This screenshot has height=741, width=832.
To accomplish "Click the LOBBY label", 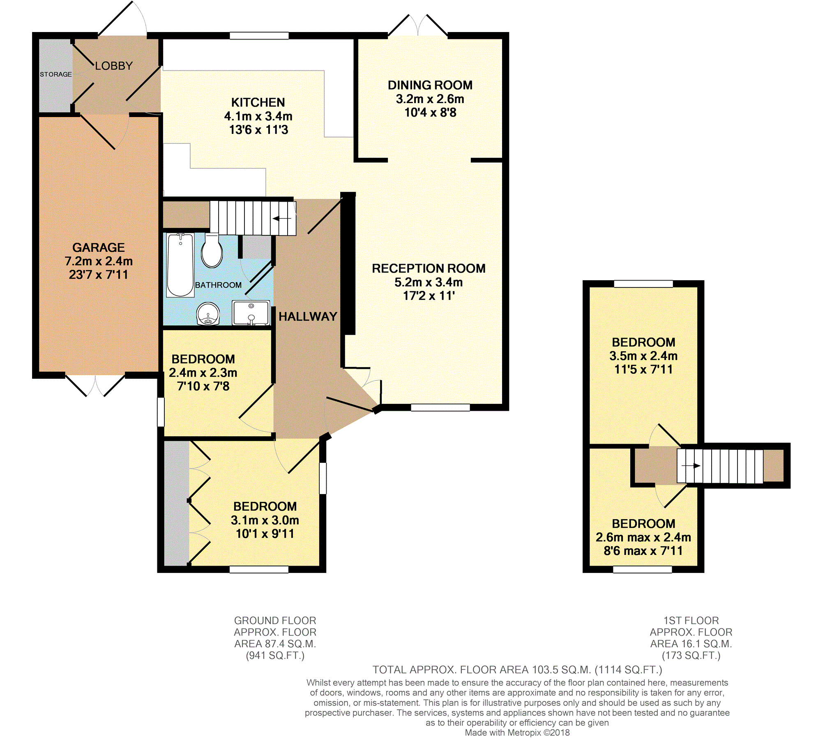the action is pos(114,66).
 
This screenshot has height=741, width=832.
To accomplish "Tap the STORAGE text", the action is pos(56,74).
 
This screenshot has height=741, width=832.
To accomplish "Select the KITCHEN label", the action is pos(258,102).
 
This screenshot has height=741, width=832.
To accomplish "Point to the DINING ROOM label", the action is pos(430,85).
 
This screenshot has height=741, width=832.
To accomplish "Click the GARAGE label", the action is pos(99,247).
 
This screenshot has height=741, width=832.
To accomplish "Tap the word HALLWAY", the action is pos(308,316).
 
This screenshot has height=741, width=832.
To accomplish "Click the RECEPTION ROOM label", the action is pos(429,268).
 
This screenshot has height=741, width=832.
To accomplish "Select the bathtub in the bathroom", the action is pos(180,265).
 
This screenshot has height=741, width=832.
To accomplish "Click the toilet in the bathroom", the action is pos(212,251).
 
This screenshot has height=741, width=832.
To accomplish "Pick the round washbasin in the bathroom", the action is pos(208,314).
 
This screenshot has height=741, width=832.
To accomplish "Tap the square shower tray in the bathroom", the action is pos(251,313).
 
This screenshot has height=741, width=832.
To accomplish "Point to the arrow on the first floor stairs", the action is pos(691,466).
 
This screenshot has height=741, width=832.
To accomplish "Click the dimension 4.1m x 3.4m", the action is pos(258,116).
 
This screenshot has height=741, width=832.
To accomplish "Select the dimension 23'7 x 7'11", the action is pos(99,274).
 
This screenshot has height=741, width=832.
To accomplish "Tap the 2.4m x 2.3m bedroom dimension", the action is pos(203,373).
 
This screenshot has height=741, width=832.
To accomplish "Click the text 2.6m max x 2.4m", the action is pos(643,537).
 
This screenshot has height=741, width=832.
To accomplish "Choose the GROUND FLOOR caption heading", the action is pos(275,621).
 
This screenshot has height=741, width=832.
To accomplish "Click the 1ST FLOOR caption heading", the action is pos(691,621).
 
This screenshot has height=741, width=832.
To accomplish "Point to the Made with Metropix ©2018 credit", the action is pos(517,733).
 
